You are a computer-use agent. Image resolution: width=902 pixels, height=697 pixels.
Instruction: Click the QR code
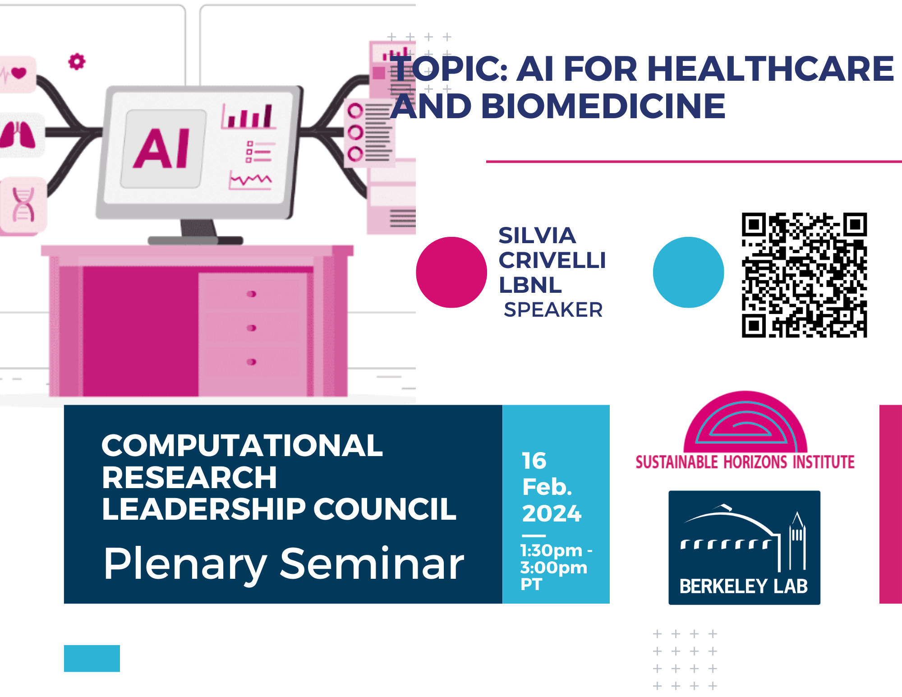point(804,275)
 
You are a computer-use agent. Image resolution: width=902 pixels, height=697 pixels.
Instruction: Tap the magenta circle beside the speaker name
point(451,272)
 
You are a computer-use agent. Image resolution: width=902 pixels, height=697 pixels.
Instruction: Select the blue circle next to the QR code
point(688,272)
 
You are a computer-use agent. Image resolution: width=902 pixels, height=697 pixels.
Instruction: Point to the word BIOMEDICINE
point(603,106)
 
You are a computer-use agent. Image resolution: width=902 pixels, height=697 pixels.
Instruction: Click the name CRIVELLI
point(552,260)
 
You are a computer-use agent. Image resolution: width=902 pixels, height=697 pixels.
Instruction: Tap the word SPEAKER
point(553,310)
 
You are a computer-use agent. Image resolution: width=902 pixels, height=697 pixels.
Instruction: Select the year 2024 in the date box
point(552,513)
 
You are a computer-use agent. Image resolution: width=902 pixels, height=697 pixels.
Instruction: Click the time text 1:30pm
point(551,550)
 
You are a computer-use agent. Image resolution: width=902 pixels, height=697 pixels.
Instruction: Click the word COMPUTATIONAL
point(242,446)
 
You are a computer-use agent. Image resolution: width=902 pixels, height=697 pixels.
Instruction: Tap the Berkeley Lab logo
point(744,548)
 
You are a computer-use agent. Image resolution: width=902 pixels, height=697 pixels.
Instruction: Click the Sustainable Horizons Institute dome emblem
point(745,422)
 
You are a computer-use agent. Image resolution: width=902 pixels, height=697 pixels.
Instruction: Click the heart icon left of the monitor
point(18,72)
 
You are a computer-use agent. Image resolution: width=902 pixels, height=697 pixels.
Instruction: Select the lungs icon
point(18,135)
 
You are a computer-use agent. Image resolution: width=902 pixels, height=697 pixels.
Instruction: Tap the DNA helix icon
point(23,204)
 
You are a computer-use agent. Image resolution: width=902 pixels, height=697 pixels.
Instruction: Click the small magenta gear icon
point(77,62)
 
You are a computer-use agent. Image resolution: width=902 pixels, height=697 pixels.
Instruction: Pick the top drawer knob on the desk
point(252,294)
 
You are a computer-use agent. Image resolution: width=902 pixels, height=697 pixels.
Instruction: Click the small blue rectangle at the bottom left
point(92,658)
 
